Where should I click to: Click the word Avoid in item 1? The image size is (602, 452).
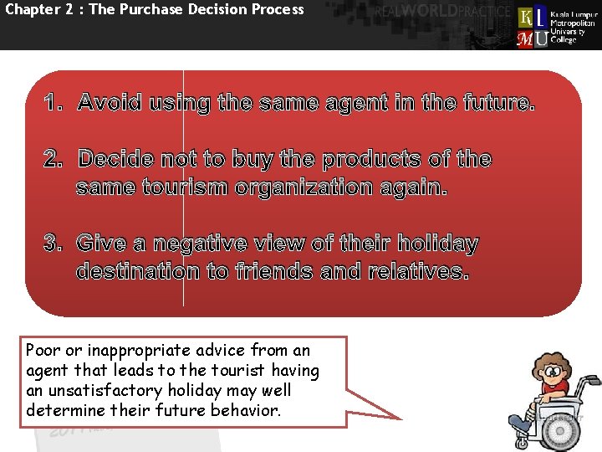tap(112, 104)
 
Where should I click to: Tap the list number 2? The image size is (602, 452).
tap(54, 159)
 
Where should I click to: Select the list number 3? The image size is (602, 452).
tap(54, 244)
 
